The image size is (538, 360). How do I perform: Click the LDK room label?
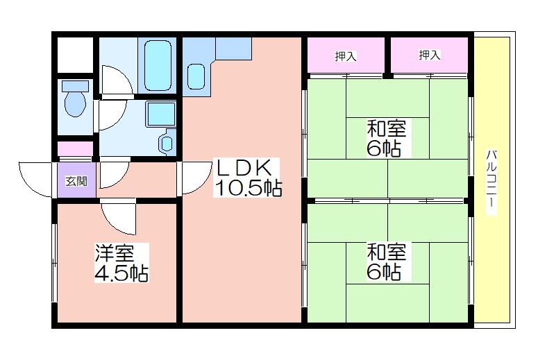pyautogui.click(x=247, y=167)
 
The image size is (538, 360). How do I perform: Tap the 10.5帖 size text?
pyautogui.click(x=247, y=188)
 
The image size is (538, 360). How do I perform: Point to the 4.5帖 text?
pyautogui.click(x=121, y=274)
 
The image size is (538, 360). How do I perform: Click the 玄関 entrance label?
pyautogui.click(x=76, y=182)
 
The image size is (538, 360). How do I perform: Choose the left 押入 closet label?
pyautogui.click(x=346, y=56)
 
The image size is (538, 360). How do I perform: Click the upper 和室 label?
pyautogui.click(x=387, y=128)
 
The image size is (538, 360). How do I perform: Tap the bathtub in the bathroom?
pyautogui.click(x=159, y=65)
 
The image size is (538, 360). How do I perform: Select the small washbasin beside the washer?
pyautogui.click(x=167, y=142)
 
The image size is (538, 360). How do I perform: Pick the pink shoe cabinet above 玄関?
pyautogui.click(x=75, y=149)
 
